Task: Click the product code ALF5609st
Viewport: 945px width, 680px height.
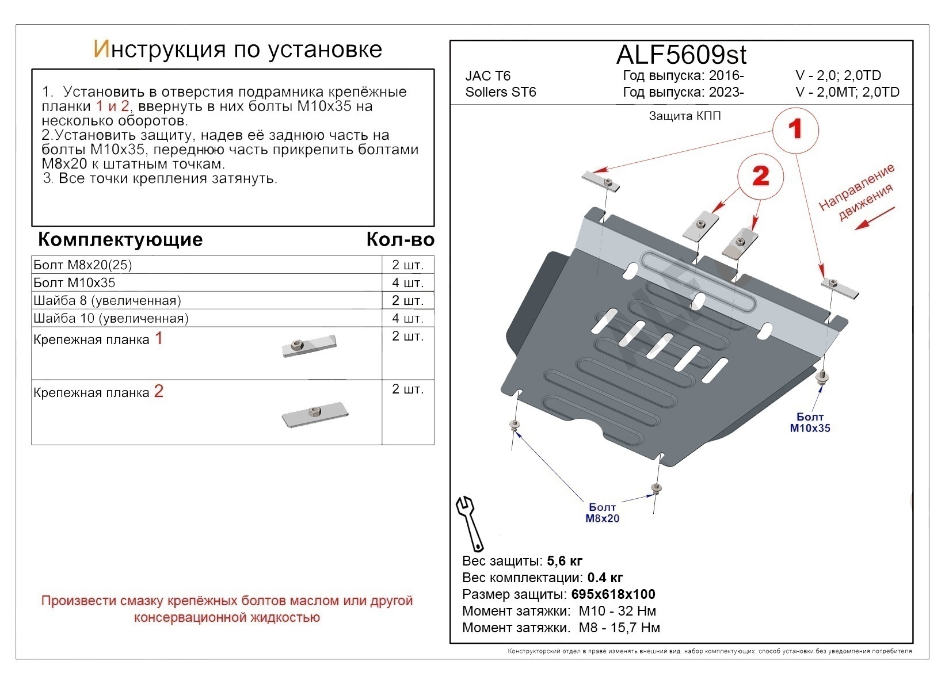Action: [x=681, y=55]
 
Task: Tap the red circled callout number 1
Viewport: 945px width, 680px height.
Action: [x=795, y=129]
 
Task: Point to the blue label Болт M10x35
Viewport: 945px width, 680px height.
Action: [x=810, y=422]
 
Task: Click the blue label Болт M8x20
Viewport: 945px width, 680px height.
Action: [x=602, y=513]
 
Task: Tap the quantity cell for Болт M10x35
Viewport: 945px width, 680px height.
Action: [x=407, y=283]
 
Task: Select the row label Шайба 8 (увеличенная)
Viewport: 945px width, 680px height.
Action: [x=108, y=301]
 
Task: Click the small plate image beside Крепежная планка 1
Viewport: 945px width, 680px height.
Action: [x=308, y=346]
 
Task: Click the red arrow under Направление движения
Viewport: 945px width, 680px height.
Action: [x=874, y=219]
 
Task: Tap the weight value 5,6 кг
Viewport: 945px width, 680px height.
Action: [x=565, y=561]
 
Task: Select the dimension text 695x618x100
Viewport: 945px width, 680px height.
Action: [x=613, y=594]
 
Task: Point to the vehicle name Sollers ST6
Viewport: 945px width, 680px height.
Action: [x=501, y=92]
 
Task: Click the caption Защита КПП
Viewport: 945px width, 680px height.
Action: [x=684, y=116]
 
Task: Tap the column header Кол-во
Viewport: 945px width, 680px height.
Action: [x=400, y=240]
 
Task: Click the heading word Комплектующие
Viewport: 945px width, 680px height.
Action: [x=120, y=239]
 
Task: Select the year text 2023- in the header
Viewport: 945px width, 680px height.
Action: [x=726, y=92]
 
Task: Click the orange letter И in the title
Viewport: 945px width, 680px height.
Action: [x=101, y=50]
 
